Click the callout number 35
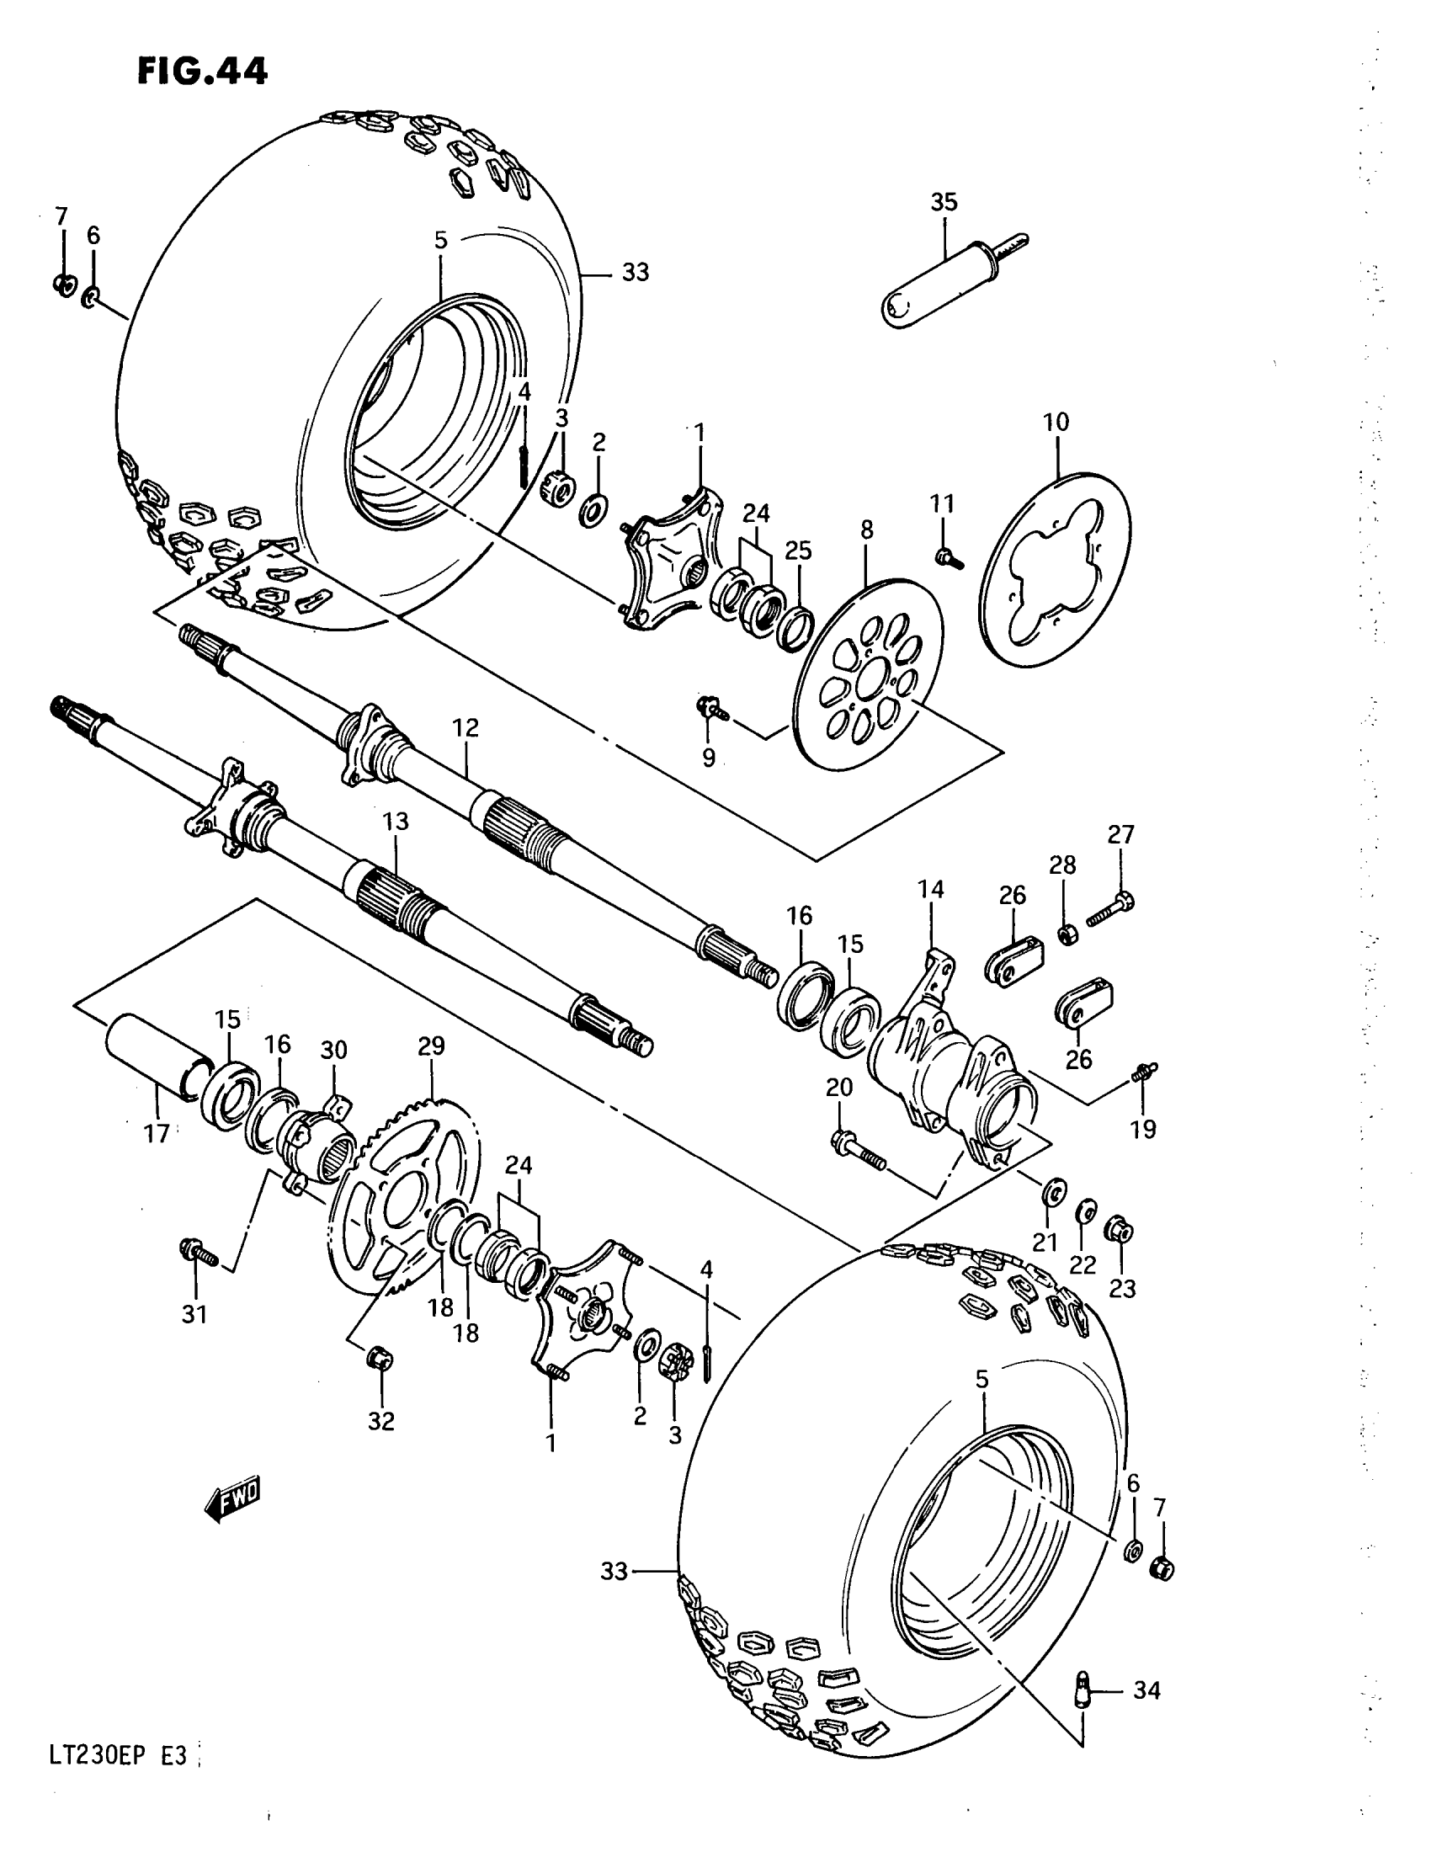(x=944, y=202)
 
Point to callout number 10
(x=1056, y=422)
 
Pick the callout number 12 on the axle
(x=465, y=727)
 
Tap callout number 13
(x=395, y=821)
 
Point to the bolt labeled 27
(x=1109, y=911)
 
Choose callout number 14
(x=930, y=889)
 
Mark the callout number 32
(x=381, y=1421)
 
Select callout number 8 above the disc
(x=865, y=530)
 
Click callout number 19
(x=1143, y=1129)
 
